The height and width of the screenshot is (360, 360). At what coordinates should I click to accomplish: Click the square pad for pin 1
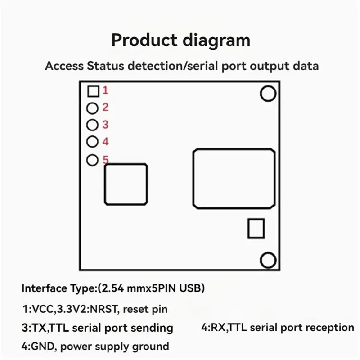tap(93, 91)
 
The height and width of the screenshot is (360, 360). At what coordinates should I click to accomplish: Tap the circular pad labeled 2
tap(92, 108)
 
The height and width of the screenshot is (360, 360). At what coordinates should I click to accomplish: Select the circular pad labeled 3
tap(92, 125)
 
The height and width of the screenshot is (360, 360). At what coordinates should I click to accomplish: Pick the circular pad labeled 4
tap(92, 142)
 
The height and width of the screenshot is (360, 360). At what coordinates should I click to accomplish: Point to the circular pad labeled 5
tap(92, 160)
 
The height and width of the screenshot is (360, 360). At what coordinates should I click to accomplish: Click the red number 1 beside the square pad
tap(105, 91)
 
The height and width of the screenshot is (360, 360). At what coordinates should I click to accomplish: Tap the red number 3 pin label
tap(105, 125)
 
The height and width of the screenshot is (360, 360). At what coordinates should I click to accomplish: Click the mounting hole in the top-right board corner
tap(268, 94)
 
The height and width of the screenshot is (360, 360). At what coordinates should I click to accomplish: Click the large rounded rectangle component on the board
tap(234, 178)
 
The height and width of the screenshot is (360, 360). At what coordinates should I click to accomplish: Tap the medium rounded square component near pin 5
tap(126, 184)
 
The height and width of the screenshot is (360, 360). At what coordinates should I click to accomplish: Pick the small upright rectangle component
tap(256, 228)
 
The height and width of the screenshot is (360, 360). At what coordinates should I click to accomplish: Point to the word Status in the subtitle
tap(105, 66)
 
